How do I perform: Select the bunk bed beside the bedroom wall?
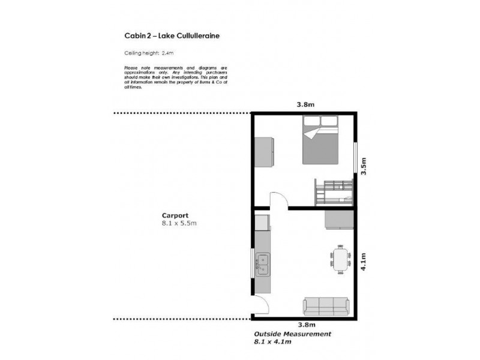click(x=334, y=191)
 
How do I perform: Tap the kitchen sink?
click(x=263, y=264)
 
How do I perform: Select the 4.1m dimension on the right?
click(x=364, y=262)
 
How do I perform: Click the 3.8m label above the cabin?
click(x=305, y=104)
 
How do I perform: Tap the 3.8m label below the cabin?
click(x=305, y=325)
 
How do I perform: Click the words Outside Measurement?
click(x=292, y=334)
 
